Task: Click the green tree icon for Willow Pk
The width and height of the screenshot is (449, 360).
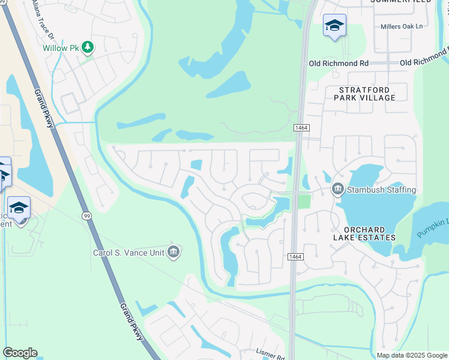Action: tap(88, 47)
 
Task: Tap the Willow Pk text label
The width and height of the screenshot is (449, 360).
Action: tap(61, 47)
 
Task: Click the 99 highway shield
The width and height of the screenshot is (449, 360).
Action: tap(87, 215)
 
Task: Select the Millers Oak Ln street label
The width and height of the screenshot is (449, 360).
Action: tap(402, 26)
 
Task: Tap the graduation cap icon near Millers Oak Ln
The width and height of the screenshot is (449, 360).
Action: tap(334, 26)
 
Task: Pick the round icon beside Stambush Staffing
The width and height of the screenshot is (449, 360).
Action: tap(337, 190)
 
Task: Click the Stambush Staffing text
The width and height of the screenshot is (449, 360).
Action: tap(380, 190)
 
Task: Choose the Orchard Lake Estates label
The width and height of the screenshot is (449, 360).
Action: tap(369, 233)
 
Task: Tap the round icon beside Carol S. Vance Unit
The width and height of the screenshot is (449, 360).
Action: tap(173, 251)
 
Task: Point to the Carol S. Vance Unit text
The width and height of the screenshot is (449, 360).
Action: tap(128, 253)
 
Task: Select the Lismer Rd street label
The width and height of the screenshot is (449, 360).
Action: tap(270, 355)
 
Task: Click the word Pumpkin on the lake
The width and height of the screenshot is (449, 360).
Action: tap(433, 229)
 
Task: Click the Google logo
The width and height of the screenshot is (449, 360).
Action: tap(20, 353)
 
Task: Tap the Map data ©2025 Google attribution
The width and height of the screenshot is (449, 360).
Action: tap(412, 355)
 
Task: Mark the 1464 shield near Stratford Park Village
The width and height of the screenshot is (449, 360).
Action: tap(301, 128)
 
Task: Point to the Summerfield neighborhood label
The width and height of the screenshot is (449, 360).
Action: tap(400, 2)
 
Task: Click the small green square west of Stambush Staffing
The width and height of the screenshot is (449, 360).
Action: tap(305, 201)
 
